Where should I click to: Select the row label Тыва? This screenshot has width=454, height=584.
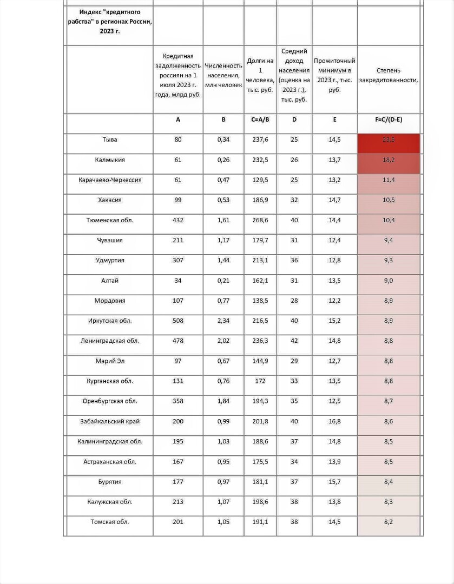point(110,140)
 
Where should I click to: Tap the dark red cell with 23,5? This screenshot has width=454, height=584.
point(389,140)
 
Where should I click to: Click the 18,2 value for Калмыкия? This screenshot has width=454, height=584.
point(389,160)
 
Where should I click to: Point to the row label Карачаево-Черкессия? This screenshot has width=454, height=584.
point(110,180)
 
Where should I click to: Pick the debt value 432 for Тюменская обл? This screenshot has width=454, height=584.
point(178,221)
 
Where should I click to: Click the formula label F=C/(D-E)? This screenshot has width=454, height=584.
point(389,120)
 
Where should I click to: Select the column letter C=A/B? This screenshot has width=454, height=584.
point(260,120)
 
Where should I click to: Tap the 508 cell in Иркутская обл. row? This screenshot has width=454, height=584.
point(178,321)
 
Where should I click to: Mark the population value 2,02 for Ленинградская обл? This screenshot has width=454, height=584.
point(223,341)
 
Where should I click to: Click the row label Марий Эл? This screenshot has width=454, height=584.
point(110,361)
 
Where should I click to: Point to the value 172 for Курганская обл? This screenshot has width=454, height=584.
point(260,381)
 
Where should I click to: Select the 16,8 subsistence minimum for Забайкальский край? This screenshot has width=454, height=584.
point(334,422)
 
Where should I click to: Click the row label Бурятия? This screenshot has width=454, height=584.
point(110,482)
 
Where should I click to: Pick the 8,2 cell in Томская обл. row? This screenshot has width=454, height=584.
point(389,522)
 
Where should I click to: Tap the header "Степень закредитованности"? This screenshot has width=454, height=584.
point(389,75)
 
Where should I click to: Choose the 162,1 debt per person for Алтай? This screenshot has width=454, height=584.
point(260,281)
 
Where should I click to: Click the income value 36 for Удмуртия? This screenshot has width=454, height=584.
point(294,261)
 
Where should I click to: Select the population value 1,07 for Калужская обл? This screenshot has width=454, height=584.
point(223,502)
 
